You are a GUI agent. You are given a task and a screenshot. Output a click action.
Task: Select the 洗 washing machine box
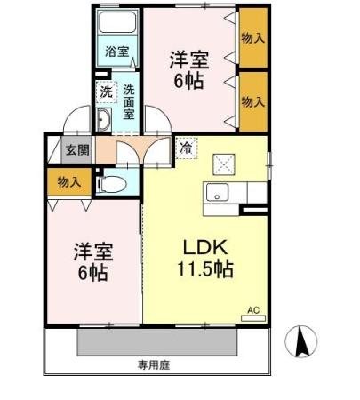pos(106,91)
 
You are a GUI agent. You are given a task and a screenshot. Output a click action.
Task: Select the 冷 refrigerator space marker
pos(185,148)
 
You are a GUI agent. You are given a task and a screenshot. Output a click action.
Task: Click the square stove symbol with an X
pos(222,163)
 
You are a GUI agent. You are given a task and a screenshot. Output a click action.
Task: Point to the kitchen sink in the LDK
pos(216,192)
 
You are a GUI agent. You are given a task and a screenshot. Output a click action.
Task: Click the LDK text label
pos(206,245)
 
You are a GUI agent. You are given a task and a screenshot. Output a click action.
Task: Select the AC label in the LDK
pos(252,309)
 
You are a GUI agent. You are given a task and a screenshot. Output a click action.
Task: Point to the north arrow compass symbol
pos(301,340)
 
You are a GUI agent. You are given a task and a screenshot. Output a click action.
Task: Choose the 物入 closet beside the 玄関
pos(68,181)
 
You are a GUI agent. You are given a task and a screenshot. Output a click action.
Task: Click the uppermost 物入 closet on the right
pos(252,37)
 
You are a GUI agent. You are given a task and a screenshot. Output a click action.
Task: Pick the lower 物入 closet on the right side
pos(252,101)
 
